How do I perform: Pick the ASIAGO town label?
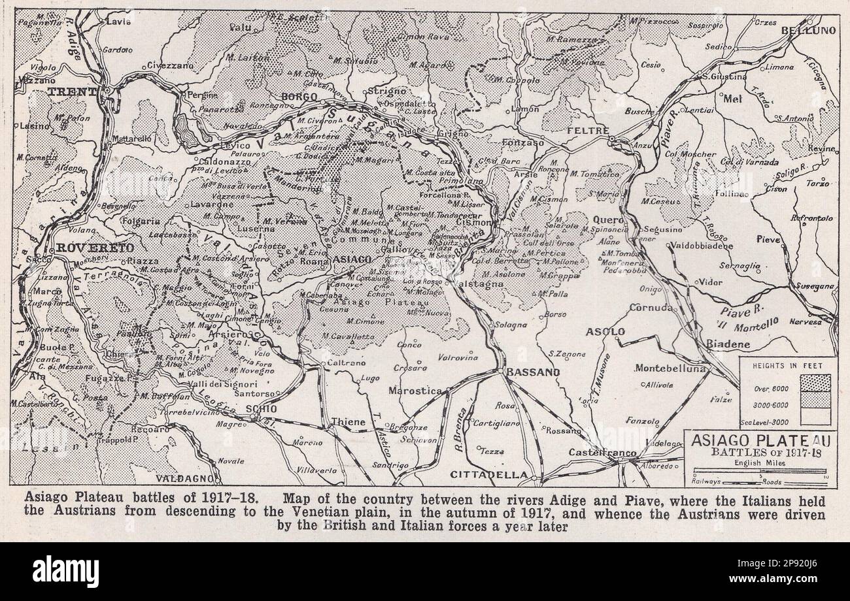tap(353, 259)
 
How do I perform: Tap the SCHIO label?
tap(261, 408)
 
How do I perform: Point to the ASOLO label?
tap(605, 332)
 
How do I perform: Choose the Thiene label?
tap(348, 422)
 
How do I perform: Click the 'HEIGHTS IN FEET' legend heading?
tap(787, 366)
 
